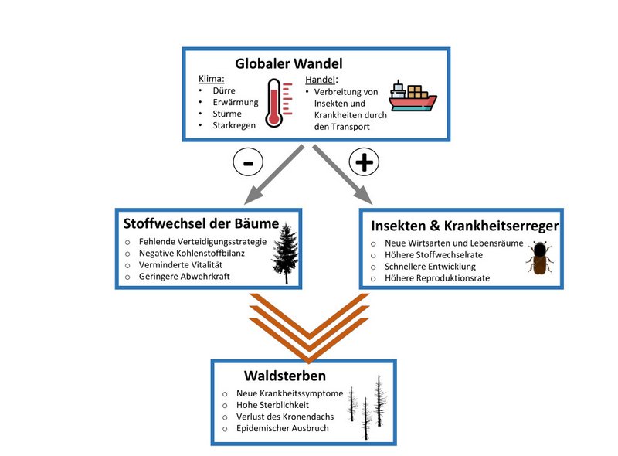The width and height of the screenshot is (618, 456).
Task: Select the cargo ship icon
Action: click(x=411, y=98)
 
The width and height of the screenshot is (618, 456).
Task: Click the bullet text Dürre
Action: click(x=223, y=89)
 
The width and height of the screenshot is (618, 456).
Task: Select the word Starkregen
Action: click(x=234, y=125)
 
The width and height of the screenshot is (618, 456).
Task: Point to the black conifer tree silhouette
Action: click(x=284, y=252)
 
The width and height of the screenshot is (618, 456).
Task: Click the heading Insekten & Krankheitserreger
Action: click(x=464, y=226)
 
